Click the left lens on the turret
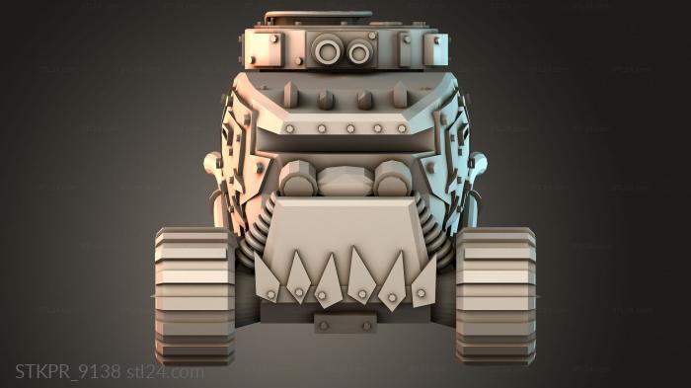point(327,47)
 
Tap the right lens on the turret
point(357,48)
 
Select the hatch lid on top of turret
point(318,17)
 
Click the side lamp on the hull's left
point(210,163)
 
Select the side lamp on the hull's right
point(480,163)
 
